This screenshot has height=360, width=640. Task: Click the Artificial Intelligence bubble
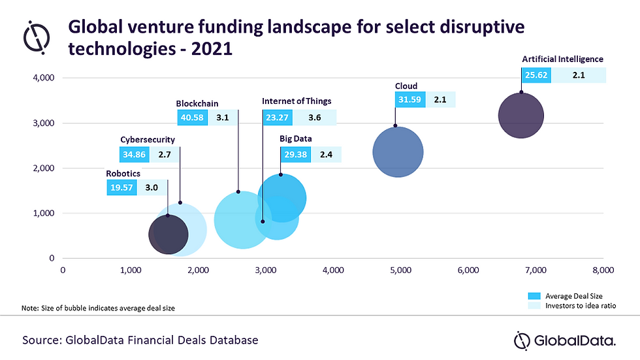[520, 116]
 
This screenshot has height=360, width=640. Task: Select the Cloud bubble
[398, 152]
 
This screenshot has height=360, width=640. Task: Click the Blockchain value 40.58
[192, 118]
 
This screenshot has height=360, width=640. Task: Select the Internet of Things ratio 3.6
[314, 118]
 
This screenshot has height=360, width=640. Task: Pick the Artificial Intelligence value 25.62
[536, 76]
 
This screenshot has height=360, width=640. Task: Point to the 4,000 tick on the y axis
[44, 78]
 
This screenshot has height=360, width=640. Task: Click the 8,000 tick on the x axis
[602, 269]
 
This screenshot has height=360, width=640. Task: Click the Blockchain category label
[197, 103]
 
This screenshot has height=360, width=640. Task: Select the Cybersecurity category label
[148, 139]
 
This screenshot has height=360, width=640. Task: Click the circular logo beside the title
[37, 39]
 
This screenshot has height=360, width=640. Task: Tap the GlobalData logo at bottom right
[564, 340]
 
